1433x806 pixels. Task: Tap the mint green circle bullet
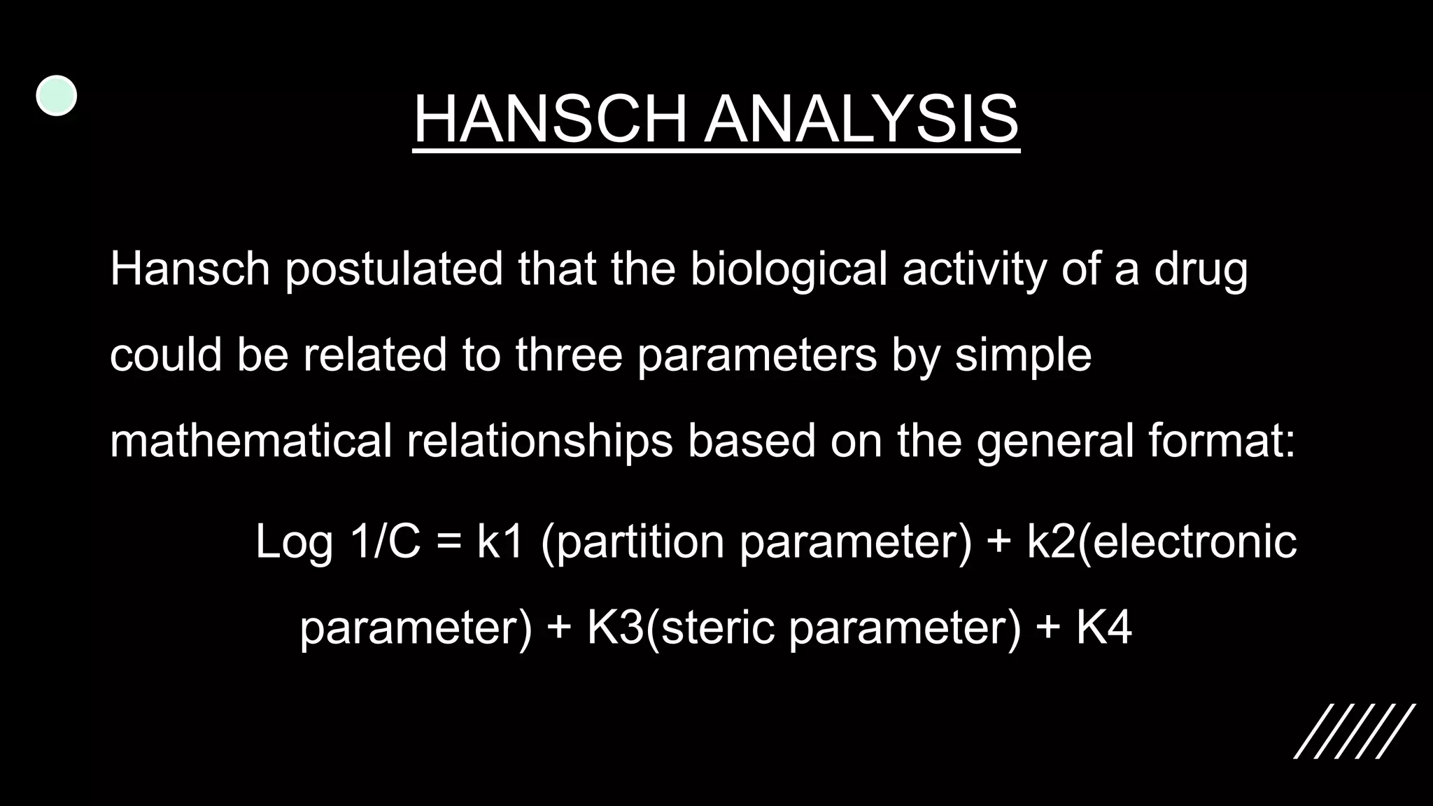pos(56,96)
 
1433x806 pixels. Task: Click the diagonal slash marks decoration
pos(1354,731)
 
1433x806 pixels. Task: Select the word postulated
pos(394,269)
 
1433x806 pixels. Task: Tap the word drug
pos(1200,269)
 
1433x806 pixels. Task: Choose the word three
pos(568,355)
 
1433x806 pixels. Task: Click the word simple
pos(1023,355)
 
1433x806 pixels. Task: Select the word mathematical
pos(250,441)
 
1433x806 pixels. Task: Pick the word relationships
pos(539,441)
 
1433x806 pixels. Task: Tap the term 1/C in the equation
pos(386,542)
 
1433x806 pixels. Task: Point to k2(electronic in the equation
pos(1161,542)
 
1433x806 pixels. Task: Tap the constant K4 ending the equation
pos(1103,627)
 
